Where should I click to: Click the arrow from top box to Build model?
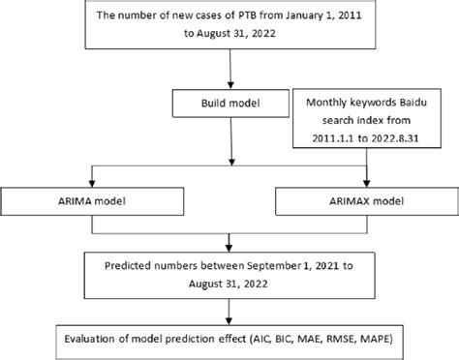(229, 72)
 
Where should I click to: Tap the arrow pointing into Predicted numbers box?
(229, 246)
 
